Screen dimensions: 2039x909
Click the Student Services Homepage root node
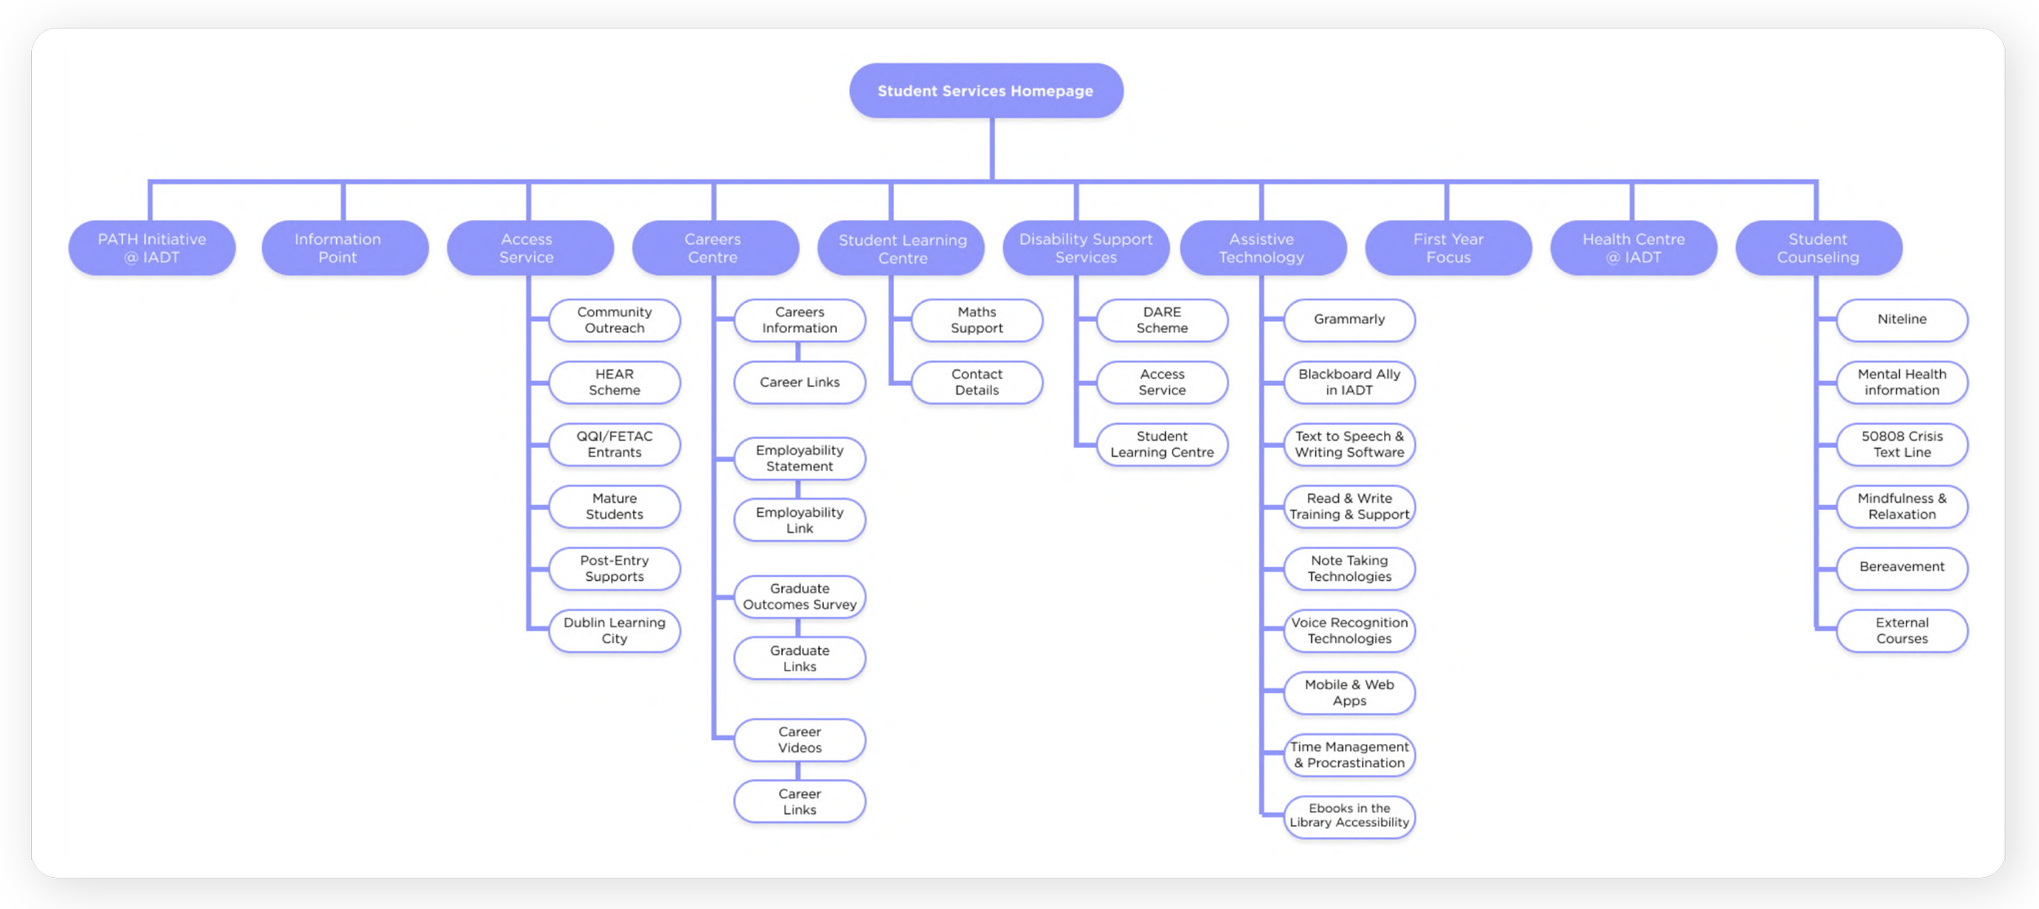coord(986,91)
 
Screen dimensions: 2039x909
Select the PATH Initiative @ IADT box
coord(152,248)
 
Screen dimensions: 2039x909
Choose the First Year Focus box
coord(1449,248)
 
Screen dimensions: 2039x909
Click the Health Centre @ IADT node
coord(1634,248)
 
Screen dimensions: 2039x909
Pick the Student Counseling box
coord(1819,248)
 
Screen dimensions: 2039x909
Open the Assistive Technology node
coord(1263,248)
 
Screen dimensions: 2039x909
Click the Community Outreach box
coord(615,320)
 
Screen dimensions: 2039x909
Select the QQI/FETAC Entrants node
coord(615,445)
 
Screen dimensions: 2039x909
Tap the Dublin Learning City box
coord(615,631)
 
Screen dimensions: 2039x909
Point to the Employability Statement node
coord(800,459)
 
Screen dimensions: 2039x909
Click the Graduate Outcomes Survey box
coord(800,596)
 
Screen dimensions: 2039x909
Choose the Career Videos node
coord(800,740)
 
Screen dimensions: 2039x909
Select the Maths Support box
coord(977,320)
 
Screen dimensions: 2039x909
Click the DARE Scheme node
coord(1162,320)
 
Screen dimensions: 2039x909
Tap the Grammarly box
coord(1350,320)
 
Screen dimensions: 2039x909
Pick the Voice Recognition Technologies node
coord(1350,631)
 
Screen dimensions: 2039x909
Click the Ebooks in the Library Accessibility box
coord(1350,817)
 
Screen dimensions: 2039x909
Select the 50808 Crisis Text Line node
coord(1902,445)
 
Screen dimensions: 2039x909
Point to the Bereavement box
coord(1902,569)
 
